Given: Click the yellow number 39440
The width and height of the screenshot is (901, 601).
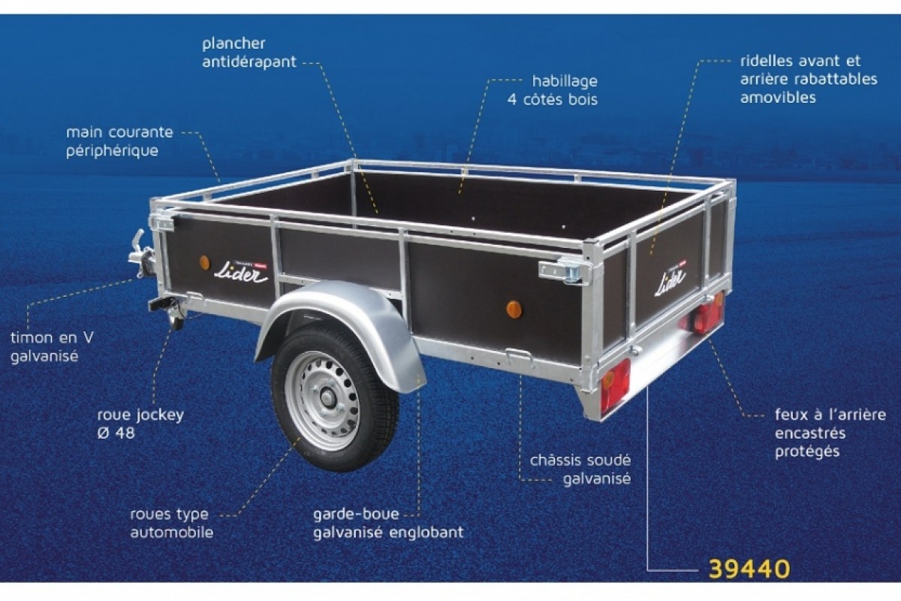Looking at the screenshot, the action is click(x=749, y=569).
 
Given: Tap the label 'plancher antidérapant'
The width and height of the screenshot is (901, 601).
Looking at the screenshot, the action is click(x=249, y=53).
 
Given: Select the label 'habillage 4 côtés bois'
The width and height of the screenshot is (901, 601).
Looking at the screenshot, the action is click(x=553, y=90).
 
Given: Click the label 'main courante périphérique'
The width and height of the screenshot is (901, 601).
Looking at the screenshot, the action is click(x=119, y=141).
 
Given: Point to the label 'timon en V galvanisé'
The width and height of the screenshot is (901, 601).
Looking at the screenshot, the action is click(x=52, y=346).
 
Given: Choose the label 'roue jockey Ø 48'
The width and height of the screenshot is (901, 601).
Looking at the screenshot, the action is click(x=140, y=424).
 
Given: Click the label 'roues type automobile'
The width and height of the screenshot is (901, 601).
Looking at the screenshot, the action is click(x=171, y=523).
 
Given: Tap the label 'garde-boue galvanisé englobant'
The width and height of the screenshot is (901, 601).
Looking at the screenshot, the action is click(x=388, y=523).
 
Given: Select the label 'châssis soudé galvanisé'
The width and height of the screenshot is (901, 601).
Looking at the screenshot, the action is click(x=580, y=470).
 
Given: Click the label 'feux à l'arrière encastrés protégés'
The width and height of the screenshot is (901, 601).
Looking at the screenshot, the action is click(x=830, y=433).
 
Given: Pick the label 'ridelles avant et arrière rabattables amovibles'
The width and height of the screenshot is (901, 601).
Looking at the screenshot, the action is click(x=809, y=79).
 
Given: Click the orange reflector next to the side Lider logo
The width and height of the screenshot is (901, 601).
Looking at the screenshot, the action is click(x=205, y=263).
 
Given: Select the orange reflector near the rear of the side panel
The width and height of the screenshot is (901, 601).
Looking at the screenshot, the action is click(x=514, y=310).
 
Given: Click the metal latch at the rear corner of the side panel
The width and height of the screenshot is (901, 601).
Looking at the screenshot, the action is click(x=565, y=272).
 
